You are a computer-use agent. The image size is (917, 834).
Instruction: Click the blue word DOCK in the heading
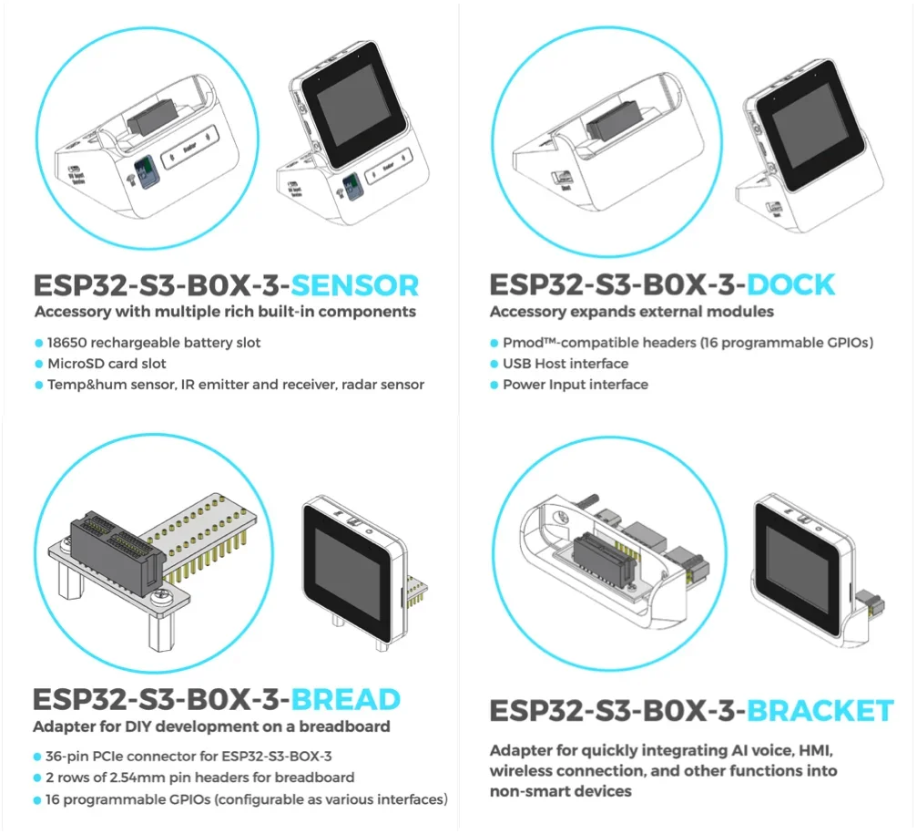(x=790, y=284)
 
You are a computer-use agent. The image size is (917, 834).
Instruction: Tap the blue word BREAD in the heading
(x=346, y=699)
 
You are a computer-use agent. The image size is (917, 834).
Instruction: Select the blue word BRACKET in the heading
(x=820, y=710)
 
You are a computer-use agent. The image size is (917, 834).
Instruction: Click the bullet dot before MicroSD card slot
(x=38, y=364)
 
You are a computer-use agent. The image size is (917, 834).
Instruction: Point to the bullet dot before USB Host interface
(x=494, y=364)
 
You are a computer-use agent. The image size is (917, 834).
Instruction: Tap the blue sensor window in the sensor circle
(x=144, y=170)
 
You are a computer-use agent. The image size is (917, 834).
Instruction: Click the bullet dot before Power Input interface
(x=494, y=385)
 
